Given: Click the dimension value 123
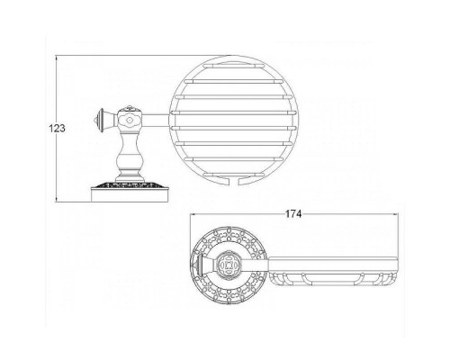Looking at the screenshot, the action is tap(57, 128).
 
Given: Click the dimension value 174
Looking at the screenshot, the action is tap(293, 214).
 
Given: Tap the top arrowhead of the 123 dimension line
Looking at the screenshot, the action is tap(57, 58).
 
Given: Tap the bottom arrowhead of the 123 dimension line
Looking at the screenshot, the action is tap(57, 200).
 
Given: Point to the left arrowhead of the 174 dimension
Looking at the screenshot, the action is tap(193, 214).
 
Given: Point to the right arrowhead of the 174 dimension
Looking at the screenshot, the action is tap(395, 214).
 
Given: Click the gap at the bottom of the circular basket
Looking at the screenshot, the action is tap(235, 181).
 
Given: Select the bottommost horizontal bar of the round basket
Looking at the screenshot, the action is tap(234, 175).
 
